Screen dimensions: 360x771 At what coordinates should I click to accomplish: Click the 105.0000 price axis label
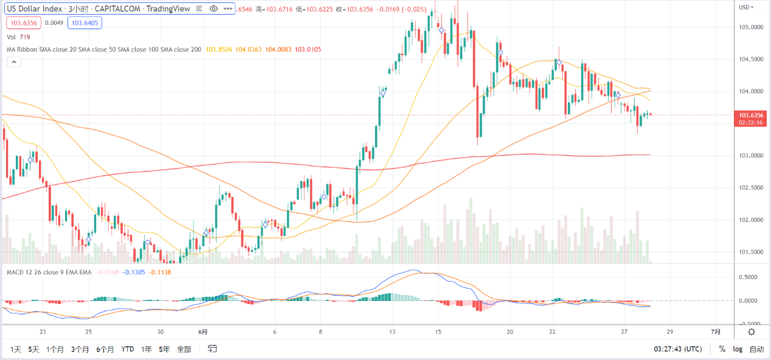click(x=752, y=27)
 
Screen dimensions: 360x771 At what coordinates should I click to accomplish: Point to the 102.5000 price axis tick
click(x=752, y=187)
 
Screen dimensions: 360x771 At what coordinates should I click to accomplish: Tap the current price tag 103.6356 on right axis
click(x=752, y=115)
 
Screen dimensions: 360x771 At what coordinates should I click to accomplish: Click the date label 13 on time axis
click(x=393, y=332)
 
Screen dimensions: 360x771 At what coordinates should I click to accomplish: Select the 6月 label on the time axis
click(x=203, y=332)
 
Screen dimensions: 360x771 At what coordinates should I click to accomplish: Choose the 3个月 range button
click(x=80, y=349)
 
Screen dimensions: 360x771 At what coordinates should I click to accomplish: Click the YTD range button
click(x=128, y=349)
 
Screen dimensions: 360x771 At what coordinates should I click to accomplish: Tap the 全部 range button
click(x=184, y=349)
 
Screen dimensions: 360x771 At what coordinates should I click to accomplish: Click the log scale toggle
click(x=738, y=349)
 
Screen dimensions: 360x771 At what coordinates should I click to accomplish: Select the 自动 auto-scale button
click(x=756, y=349)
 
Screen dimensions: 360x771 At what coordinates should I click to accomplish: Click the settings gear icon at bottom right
click(x=752, y=331)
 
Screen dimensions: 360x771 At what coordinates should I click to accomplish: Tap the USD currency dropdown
click(x=746, y=7)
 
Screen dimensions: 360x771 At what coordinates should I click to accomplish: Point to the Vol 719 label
click(x=18, y=37)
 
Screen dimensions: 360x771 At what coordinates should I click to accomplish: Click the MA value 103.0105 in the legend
click(x=308, y=49)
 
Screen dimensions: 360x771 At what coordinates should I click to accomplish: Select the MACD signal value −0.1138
click(x=160, y=272)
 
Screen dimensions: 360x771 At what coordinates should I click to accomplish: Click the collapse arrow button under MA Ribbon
click(x=13, y=61)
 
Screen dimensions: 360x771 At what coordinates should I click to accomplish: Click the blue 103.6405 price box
click(x=85, y=23)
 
